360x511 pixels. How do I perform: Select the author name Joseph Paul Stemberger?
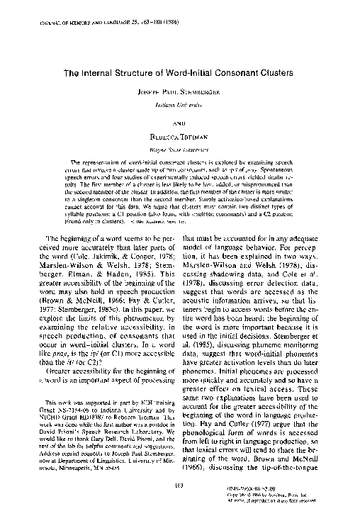point(180,93)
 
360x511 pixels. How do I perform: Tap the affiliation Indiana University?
point(179,104)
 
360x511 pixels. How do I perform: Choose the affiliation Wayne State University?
point(179,150)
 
